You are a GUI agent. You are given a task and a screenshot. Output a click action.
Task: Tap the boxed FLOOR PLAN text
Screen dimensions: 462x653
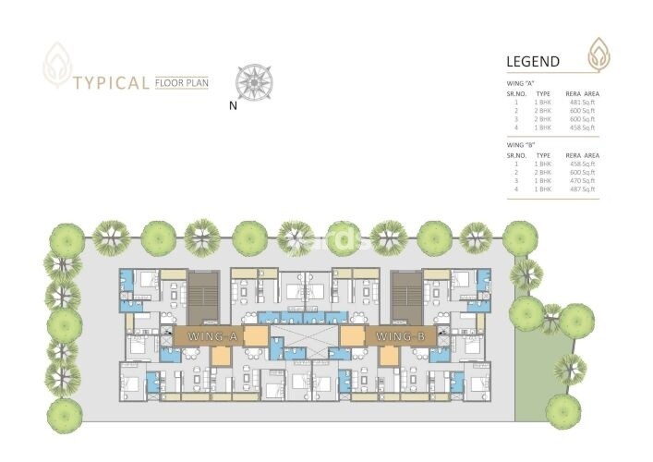point(183,81)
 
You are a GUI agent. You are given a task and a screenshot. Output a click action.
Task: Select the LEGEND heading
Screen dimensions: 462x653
point(533,62)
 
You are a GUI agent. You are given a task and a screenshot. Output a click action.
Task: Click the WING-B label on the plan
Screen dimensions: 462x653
point(398,336)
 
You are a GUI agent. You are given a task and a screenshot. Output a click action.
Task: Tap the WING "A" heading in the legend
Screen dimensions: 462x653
point(522,84)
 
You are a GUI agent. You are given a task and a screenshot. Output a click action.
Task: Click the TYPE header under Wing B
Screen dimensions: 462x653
point(543,155)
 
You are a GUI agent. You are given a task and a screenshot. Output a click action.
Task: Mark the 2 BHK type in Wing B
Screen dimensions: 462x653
point(543,172)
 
